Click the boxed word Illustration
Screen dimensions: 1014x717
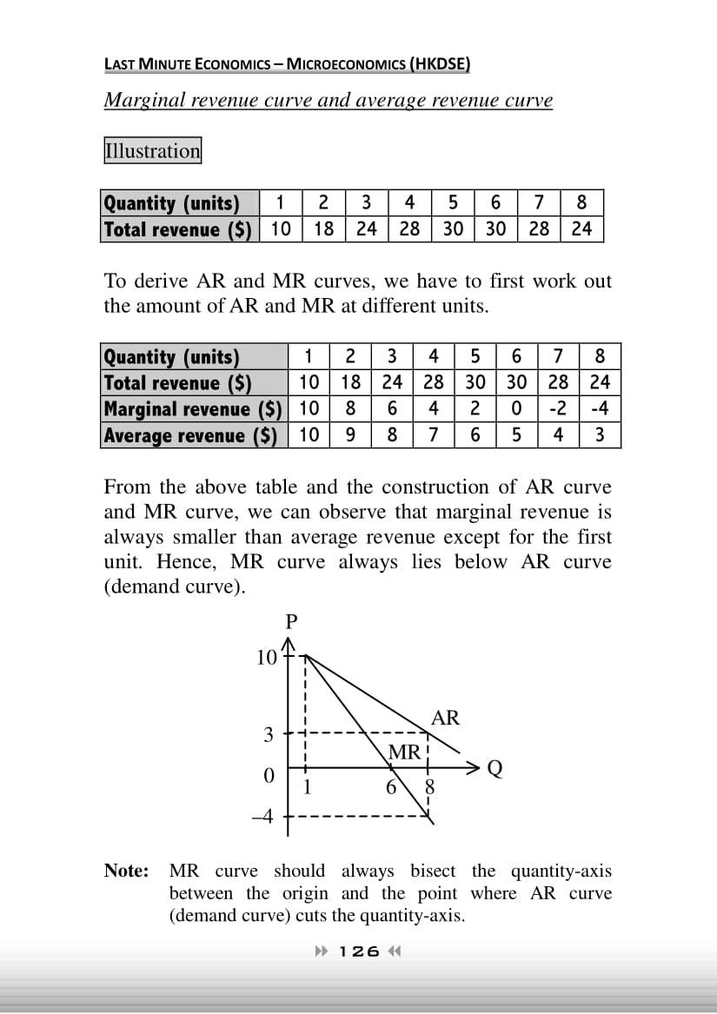tap(152, 150)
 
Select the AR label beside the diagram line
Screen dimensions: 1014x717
tap(445, 718)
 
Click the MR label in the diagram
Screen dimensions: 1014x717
tap(404, 752)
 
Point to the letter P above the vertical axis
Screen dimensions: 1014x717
tap(291, 621)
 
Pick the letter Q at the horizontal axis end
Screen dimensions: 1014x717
tap(495, 769)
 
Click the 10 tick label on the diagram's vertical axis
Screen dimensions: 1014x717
tap(266, 658)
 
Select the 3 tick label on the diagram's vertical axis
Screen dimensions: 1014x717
tap(269, 735)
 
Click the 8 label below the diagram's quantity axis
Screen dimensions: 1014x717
tap(428, 789)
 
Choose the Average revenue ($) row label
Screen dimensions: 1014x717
tap(190, 434)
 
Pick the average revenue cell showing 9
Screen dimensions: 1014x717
tap(350, 434)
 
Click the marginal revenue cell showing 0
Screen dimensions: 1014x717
tap(516, 408)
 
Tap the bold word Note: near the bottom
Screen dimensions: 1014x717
tap(127, 871)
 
